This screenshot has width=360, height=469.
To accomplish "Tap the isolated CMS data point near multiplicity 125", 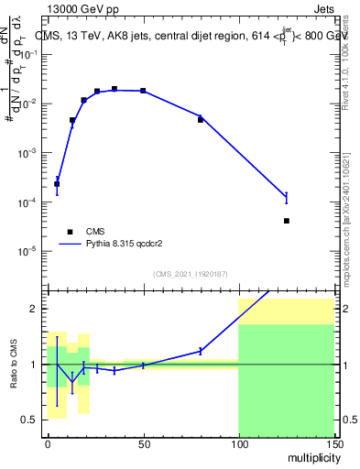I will point(287,221).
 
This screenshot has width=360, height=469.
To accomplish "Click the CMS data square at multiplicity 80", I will point(201,120).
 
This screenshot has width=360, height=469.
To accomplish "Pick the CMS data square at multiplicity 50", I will point(143,91).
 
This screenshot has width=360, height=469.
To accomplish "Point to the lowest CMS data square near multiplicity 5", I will point(57,184).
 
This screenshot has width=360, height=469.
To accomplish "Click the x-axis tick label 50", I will point(143,443).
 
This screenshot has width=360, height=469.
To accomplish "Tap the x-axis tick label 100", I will point(238,443).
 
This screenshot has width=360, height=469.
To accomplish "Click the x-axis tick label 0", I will point(48,443).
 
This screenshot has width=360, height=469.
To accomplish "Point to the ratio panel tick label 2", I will point(35,309).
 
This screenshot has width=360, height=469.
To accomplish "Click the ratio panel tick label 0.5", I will point(31,420).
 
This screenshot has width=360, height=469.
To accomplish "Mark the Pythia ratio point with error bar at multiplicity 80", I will point(201,351).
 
